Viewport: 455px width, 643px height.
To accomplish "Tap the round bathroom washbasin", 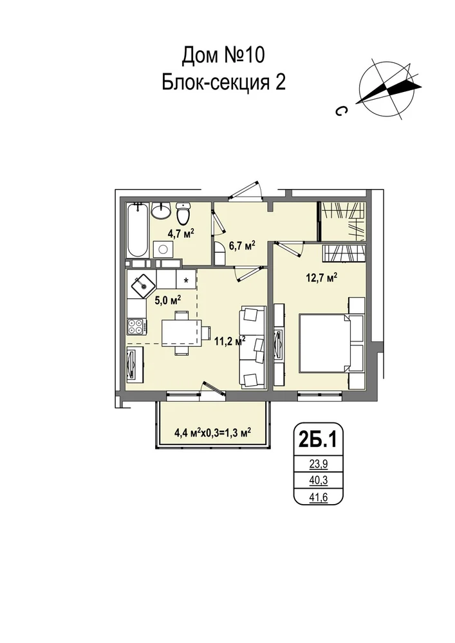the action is tap(160, 210).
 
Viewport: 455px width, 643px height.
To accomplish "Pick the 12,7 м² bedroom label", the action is tap(322, 278).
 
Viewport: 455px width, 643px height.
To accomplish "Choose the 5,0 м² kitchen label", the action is tap(168, 300).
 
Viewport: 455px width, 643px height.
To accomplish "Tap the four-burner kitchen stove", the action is tap(136, 327).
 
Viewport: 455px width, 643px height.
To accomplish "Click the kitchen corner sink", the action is tap(143, 284).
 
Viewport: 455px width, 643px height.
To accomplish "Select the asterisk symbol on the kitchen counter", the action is tap(187, 280).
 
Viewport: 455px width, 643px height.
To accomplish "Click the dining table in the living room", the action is tap(181, 333).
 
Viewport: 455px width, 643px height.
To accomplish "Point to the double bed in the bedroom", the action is tap(326, 343).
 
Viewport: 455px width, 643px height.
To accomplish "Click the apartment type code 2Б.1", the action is tap(318, 440).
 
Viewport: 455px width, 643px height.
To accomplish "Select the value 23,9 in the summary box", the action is tap(319, 464).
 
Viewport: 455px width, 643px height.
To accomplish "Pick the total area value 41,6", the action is tap(319, 497).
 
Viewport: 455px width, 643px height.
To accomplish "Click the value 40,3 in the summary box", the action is tap(319, 480).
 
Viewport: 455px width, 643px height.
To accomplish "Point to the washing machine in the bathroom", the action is tap(163, 248).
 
